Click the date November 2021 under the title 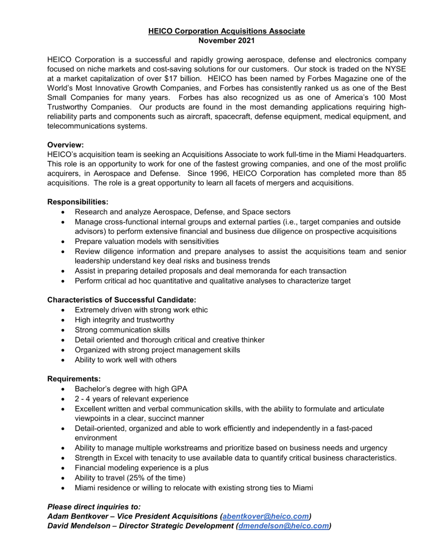point(226,40)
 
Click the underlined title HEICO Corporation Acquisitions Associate point(226,31)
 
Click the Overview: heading point(65,145)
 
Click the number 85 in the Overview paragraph point(402,174)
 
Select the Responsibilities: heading point(77,202)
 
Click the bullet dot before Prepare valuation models point(63,242)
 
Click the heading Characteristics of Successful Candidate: point(121,300)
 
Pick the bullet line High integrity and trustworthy point(124,320)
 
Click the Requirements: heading point(74,379)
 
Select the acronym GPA point(179,389)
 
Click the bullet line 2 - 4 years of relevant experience point(131,399)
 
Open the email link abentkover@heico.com point(265,516)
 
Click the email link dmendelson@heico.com point(283,526)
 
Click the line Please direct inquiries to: point(94,507)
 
